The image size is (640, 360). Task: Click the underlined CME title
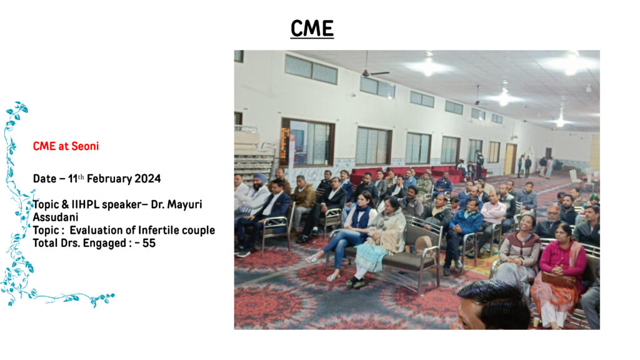click(x=312, y=29)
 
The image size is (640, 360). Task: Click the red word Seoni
click(x=85, y=146)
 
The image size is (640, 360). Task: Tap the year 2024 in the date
click(x=147, y=179)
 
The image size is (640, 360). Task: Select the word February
click(x=109, y=179)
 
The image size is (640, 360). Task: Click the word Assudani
click(x=56, y=217)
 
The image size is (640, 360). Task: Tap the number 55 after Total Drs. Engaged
click(x=149, y=243)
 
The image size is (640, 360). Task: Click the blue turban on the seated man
click(x=259, y=178)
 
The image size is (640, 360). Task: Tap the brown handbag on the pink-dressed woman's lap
click(x=558, y=279)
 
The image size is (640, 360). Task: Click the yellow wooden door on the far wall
click(x=510, y=159)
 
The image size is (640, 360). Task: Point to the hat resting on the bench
click(x=423, y=244)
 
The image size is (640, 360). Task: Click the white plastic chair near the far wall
click(x=575, y=177)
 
